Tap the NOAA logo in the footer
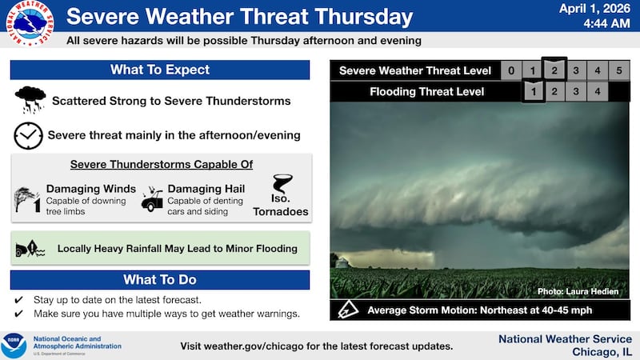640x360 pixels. point(14,346)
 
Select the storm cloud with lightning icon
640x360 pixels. point(30,101)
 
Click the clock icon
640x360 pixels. point(28,136)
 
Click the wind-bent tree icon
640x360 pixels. point(27,198)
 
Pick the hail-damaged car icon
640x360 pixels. point(152,200)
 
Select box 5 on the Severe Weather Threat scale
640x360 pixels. point(618,71)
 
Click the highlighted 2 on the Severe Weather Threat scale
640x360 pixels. point(554,70)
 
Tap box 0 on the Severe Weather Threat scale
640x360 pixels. point(511,71)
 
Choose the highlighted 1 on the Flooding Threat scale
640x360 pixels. point(533,92)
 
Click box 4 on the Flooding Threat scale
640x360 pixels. point(597,92)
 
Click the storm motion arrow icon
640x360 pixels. point(347,310)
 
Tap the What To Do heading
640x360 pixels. point(160,280)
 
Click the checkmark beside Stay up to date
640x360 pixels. point(18,300)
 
